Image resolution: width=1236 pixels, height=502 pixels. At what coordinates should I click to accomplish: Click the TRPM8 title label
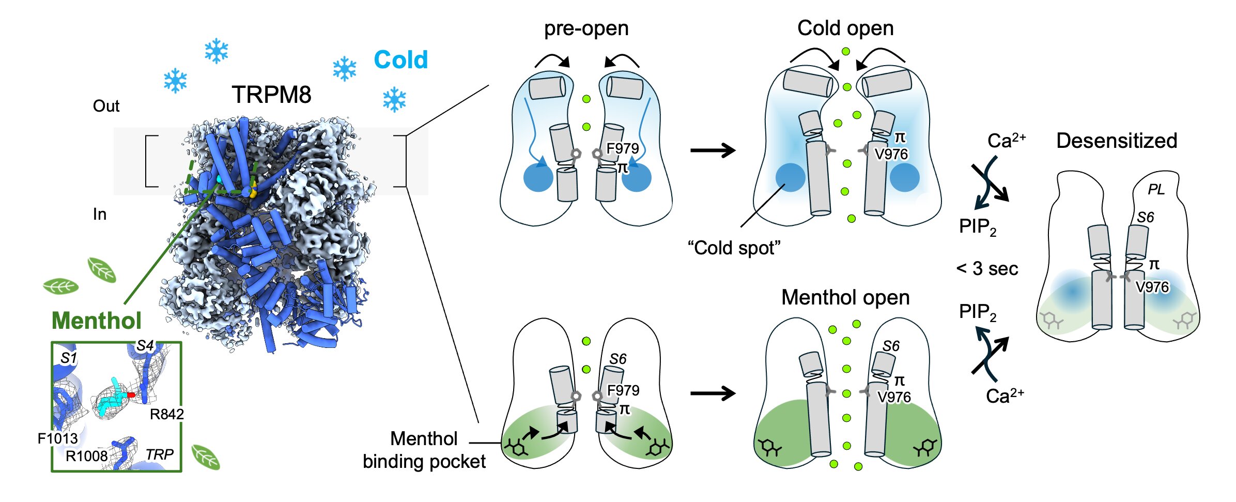point(271,95)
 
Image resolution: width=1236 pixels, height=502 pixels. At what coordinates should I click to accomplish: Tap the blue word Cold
point(401,60)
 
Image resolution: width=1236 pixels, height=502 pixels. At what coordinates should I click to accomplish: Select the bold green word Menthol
point(97,321)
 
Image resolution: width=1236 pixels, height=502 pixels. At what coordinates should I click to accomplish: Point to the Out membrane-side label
point(106,106)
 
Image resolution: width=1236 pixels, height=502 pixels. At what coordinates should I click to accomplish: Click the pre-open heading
point(586,28)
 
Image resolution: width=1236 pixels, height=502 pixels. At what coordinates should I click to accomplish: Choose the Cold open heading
point(845,28)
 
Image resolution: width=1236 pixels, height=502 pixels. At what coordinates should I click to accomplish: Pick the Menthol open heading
point(845,298)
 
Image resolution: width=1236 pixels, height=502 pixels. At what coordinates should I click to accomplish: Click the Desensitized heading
point(1117,141)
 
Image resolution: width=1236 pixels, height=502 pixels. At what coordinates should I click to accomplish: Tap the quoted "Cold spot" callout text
point(734,248)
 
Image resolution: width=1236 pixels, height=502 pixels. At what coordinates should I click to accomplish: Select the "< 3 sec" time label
point(987,269)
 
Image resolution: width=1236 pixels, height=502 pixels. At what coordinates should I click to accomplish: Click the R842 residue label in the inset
point(166,414)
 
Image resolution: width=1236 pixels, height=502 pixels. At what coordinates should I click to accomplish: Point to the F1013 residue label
point(57,438)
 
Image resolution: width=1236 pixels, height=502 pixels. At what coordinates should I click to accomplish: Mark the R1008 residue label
point(87,456)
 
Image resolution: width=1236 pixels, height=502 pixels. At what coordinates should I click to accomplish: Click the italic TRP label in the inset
point(159,454)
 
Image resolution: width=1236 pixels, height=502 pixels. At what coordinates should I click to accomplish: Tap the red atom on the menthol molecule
point(131,395)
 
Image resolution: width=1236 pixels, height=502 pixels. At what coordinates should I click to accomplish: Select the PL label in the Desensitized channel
point(1156,190)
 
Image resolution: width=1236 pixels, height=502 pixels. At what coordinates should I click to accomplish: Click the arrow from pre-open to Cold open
point(713,150)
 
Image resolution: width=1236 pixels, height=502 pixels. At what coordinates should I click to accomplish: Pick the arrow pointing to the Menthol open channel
point(713,393)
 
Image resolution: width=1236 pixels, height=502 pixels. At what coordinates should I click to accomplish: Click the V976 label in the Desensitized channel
point(1152,287)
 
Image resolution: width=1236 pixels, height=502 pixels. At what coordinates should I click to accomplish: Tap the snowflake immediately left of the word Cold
point(345,69)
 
